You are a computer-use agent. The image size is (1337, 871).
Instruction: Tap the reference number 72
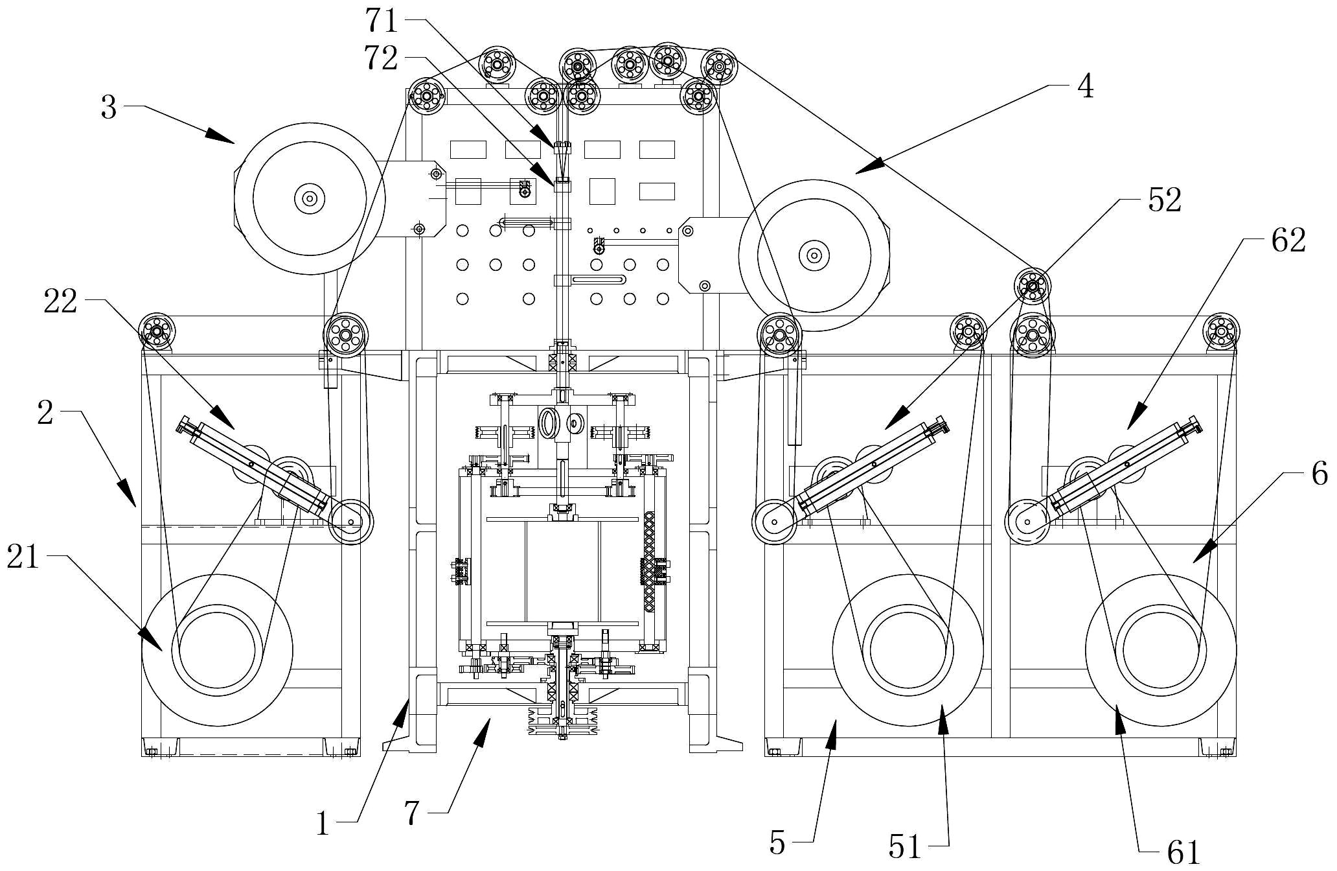click(x=381, y=58)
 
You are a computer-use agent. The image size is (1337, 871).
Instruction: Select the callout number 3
click(x=109, y=107)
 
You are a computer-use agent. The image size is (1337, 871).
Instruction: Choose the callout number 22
click(x=60, y=301)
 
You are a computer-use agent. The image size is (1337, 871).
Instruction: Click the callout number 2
click(x=45, y=412)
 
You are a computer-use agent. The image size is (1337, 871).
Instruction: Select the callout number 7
click(x=412, y=813)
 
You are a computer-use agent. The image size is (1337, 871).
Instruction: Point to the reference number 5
click(x=777, y=842)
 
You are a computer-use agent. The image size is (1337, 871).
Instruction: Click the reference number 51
click(x=905, y=846)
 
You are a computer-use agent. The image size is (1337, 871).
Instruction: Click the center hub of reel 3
click(x=309, y=198)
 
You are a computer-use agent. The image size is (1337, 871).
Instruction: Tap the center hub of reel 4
click(x=814, y=255)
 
